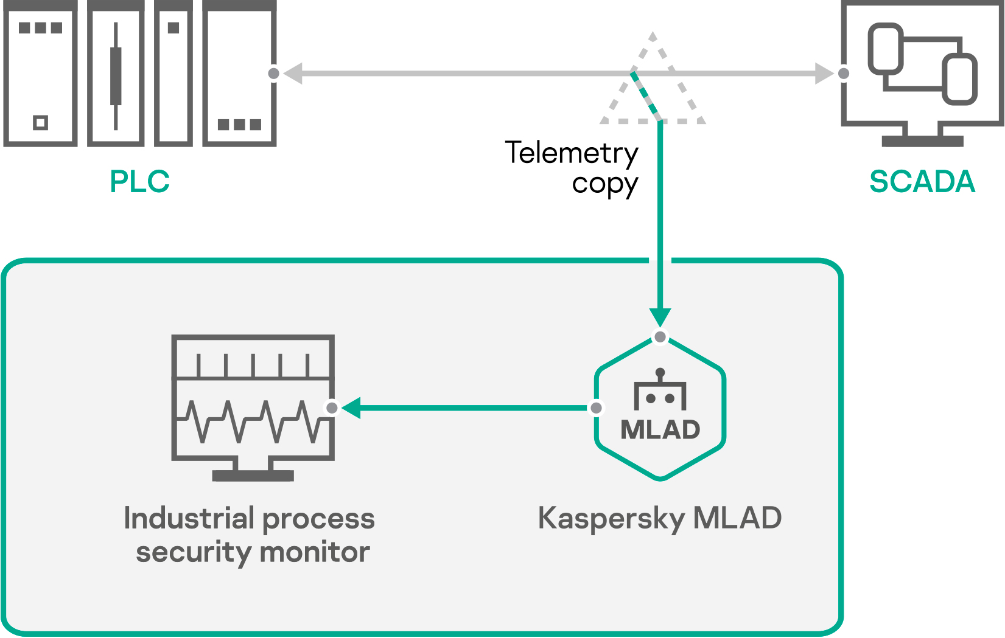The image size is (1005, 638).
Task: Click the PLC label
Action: [139, 181]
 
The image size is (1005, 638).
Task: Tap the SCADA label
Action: [922, 181]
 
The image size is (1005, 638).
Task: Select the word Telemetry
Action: [572, 153]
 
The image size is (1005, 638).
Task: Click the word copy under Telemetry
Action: [604, 184]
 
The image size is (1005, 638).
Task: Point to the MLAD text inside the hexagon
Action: [660, 430]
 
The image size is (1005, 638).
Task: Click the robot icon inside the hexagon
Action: [660, 390]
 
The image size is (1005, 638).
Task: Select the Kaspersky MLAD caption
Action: [660, 519]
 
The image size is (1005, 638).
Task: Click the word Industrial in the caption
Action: [189, 519]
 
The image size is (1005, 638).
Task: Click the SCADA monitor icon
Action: [922, 73]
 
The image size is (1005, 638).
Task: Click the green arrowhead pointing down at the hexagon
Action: [660, 317]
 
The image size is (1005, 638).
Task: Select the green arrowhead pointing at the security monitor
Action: [351, 407]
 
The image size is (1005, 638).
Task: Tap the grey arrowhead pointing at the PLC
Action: [293, 74]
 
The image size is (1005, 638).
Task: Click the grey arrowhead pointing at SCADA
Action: [825, 74]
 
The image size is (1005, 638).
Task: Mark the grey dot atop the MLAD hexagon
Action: [660, 337]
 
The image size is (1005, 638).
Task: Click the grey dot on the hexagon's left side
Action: [597, 407]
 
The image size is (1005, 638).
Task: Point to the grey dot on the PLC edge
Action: [274, 74]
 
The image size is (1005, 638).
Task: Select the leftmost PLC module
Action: [40, 73]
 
